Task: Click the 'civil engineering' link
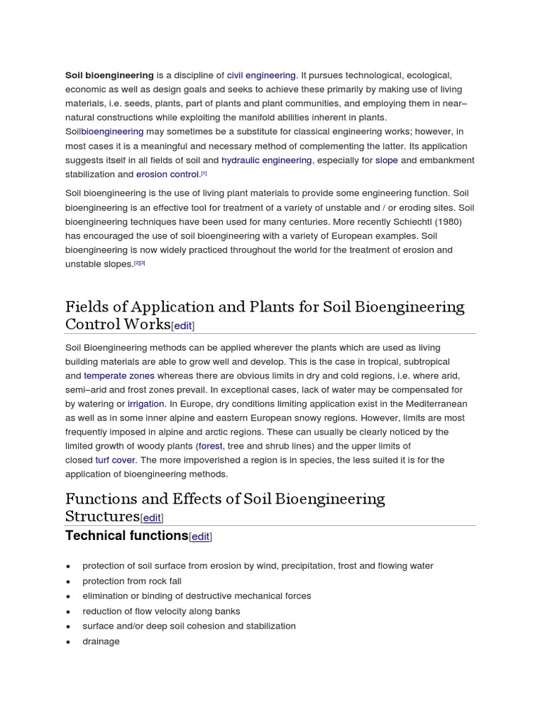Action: click(x=262, y=75)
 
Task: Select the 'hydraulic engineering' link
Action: click(x=266, y=160)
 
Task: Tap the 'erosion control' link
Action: click(x=168, y=174)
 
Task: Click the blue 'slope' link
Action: click(x=387, y=160)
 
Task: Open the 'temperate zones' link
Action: click(x=119, y=375)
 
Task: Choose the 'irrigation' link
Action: click(x=146, y=404)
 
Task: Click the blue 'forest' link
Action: click(x=210, y=446)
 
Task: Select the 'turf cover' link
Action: click(x=115, y=460)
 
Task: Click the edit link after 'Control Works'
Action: click(x=183, y=326)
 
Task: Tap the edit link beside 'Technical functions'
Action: click(x=200, y=536)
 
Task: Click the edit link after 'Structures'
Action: click(x=152, y=518)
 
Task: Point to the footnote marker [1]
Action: click(x=204, y=174)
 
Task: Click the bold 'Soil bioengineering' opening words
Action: click(x=110, y=75)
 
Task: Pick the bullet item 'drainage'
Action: click(x=101, y=641)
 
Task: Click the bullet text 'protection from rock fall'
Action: click(x=131, y=581)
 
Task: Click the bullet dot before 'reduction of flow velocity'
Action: click(x=68, y=612)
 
